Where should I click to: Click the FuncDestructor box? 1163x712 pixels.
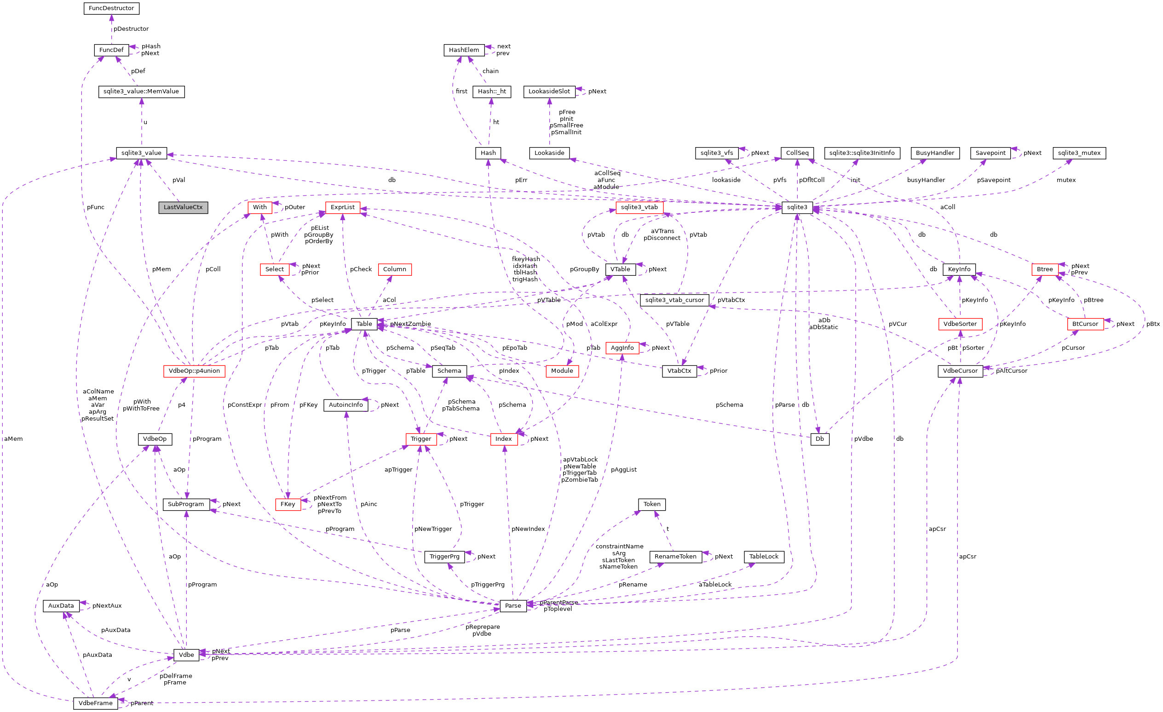pyautogui.click(x=111, y=8)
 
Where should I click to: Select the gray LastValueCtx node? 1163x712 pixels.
pyautogui.click(x=183, y=207)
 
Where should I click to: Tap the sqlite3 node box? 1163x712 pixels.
pyautogui.click(x=797, y=207)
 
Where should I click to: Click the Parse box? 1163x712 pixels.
pyautogui.click(x=512, y=606)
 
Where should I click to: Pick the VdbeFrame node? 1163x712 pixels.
pyautogui.click(x=95, y=704)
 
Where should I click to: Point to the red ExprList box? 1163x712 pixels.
pyautogui.click(x=342, y=207)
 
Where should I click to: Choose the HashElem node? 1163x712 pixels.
pyautogui.click(x=464, y=50)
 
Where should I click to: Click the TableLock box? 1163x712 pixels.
pyautogui.click(x=764, y=557)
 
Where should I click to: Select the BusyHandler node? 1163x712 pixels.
pyautogui.click(x=934, y=153)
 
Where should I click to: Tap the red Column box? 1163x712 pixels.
pyautogui.click(x=394, y=269)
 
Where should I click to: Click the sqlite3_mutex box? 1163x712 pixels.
pyautogui.click(x=1079, y=153)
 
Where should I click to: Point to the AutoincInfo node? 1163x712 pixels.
pyautogui.click(x=345, y=405)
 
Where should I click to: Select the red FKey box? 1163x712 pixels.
pyautogui.click(x=288, y=505)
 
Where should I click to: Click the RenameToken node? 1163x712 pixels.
pyautogui.click(x=675, y=557)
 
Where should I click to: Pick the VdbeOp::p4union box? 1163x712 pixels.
pyautogui.click(x=194, y=371)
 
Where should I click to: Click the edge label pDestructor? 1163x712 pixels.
pyautogui.click(x=131, y=29)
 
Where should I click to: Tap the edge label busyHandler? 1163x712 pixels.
pyautogui.click(x=926, y=180)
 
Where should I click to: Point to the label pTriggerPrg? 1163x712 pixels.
pyautogui.click(x=487, y=585)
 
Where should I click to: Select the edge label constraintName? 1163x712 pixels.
pyautogui.click(x=619, y=547)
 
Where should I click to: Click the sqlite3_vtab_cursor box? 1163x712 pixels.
pyautogui.click(x=674, y=300)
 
